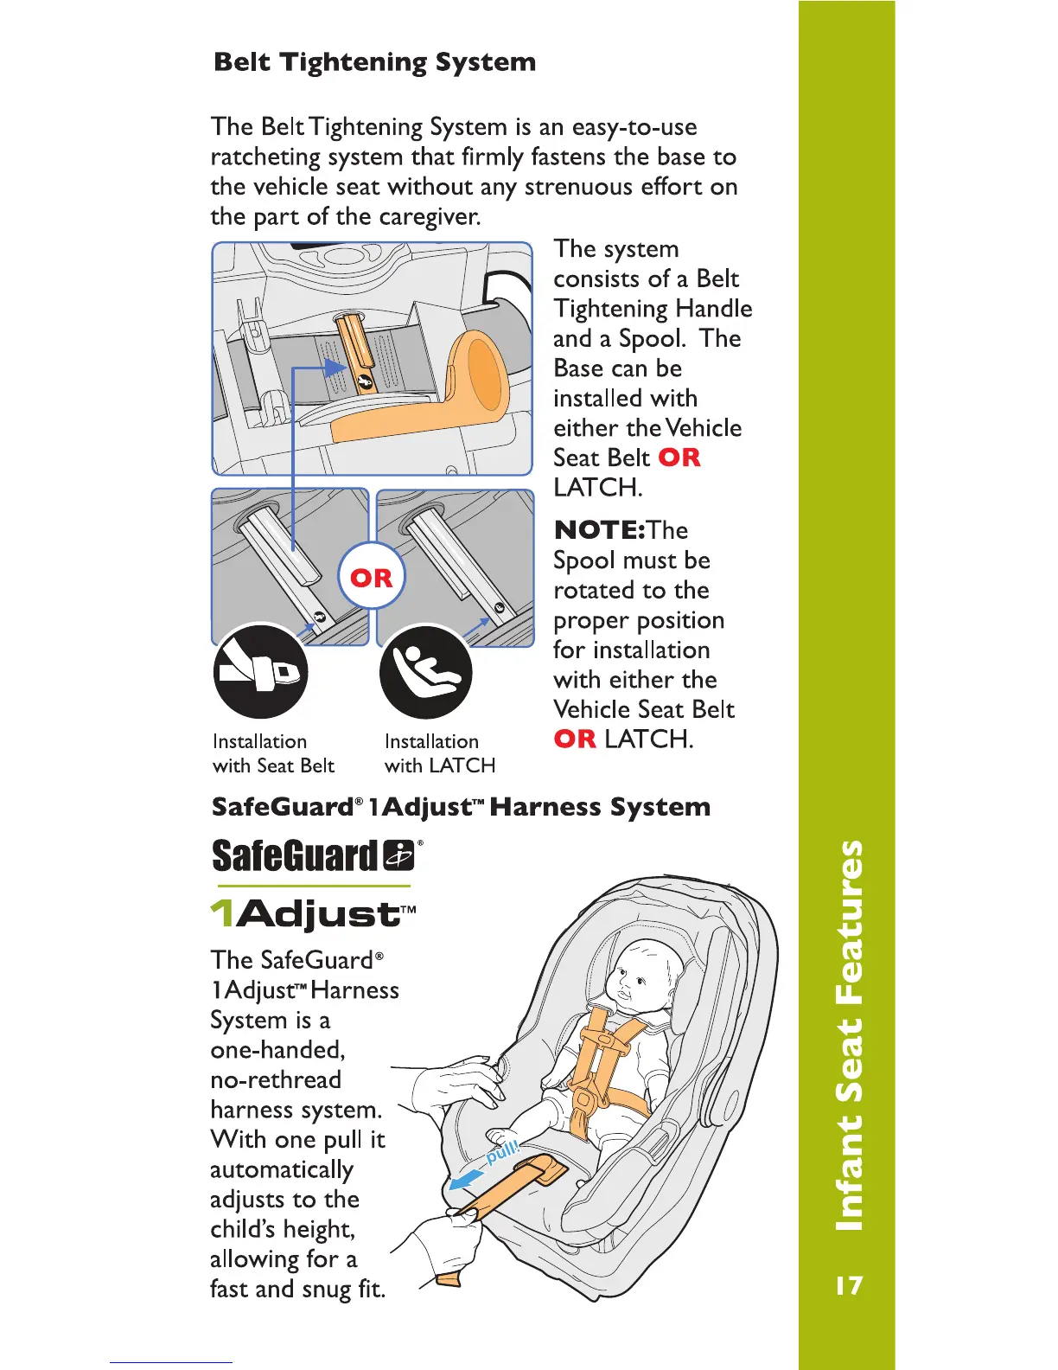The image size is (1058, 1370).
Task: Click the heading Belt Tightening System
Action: tap(374, 62)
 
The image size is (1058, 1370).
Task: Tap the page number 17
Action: tap(849, 1285)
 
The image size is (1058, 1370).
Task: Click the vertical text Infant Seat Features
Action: tap(849, 1034)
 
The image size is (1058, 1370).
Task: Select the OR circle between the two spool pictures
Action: tap(371, 577)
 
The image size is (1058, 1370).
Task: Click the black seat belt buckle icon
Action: tap(260, 671)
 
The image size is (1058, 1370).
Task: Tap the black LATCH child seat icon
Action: tap(426, 671)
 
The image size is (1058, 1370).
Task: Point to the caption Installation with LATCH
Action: tap(439, 753)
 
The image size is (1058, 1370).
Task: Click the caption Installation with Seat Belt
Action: tap(273, 753)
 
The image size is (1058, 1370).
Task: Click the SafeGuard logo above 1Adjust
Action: tap(315, 855)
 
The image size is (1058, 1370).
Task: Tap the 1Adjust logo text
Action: tap(313, 913)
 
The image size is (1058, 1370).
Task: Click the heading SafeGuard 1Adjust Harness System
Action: tap(461, 807)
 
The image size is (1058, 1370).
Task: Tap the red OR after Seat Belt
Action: tap(679, 458)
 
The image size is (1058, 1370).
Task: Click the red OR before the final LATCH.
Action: tap(575, 739)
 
